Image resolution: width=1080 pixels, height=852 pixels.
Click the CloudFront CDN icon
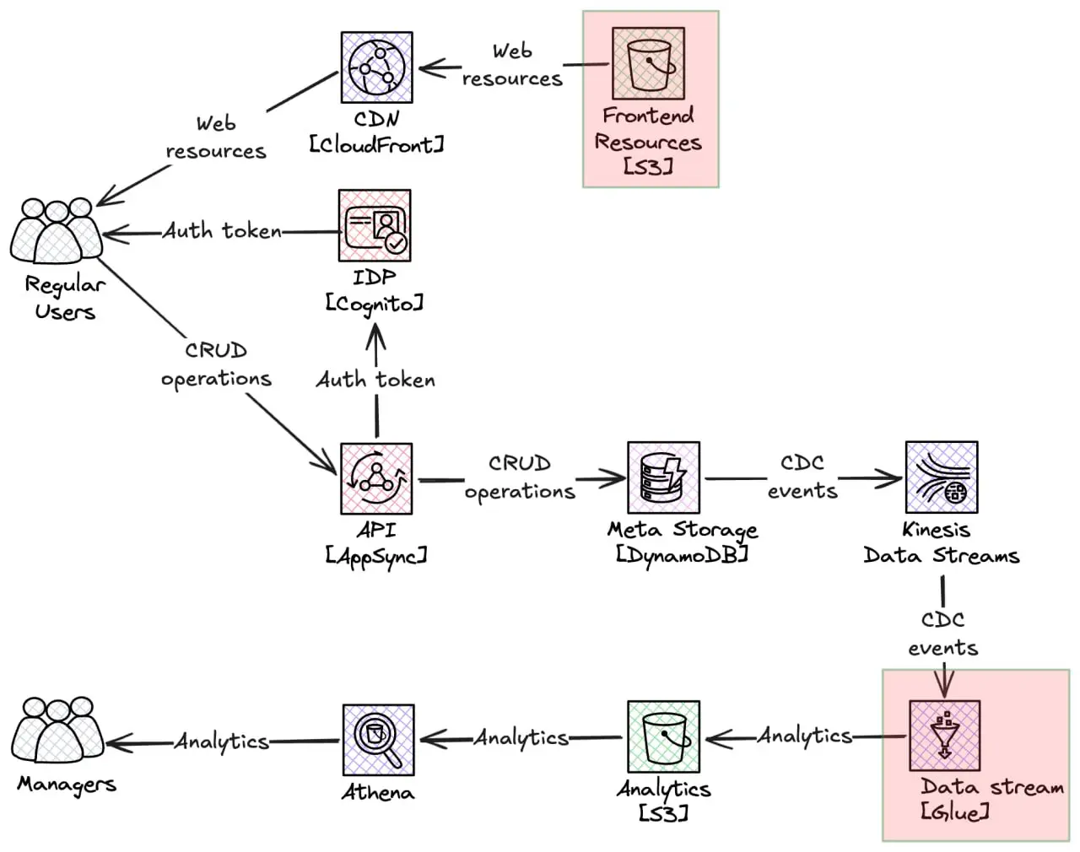pyautogui.click(x=376, y=68)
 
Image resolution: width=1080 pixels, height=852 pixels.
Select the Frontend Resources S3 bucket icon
pyautogui.click(x=648, y=63)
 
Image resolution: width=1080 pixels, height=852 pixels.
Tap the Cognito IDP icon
pyautogui.click(x=375, y=225)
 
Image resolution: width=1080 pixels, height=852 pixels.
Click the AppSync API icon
pyautogui.click(x=376, y=478)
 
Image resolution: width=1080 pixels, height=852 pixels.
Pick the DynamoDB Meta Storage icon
pyautogui.click(x=663, y=477)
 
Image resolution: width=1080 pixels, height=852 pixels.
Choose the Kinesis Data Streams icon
pyautogui.click(x=941, y=477)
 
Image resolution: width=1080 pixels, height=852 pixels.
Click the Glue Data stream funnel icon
pyautogui.click(x=944, y=735)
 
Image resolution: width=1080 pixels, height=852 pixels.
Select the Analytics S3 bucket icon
pyautogui.click(x=663, y=736)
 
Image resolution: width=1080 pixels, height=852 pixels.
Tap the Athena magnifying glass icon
pyautogui.click(x=378, y=740)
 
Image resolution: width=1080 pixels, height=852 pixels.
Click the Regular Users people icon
pyautogui.click(x=56, y=232)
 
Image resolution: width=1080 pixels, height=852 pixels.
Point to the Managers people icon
pyautogui.click(x=57, y=731)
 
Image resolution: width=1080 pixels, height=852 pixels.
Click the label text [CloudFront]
pyautogui.click(x=376, y=145)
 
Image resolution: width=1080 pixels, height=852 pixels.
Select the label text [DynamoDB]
pyautogui.click(x=682, y=555)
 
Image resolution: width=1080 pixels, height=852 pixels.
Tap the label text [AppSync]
pyautogui.click(x=376, y=556)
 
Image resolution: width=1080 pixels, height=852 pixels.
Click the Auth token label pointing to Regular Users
pyautogui.click(x=222, y=231)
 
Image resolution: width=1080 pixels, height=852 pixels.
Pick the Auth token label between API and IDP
pyautogui.click(x=375, y=380)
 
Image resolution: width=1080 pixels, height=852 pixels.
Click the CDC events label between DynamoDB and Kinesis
pyautogui.click(x=802, y=477)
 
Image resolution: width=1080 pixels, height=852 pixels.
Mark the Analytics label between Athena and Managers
pyautogui.click(x=222, y=741)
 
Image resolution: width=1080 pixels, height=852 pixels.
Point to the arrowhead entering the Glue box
pyautogui.click(x=943, y=685)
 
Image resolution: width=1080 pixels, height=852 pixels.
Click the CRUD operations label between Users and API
pyautogui.click(x=216, y=364)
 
